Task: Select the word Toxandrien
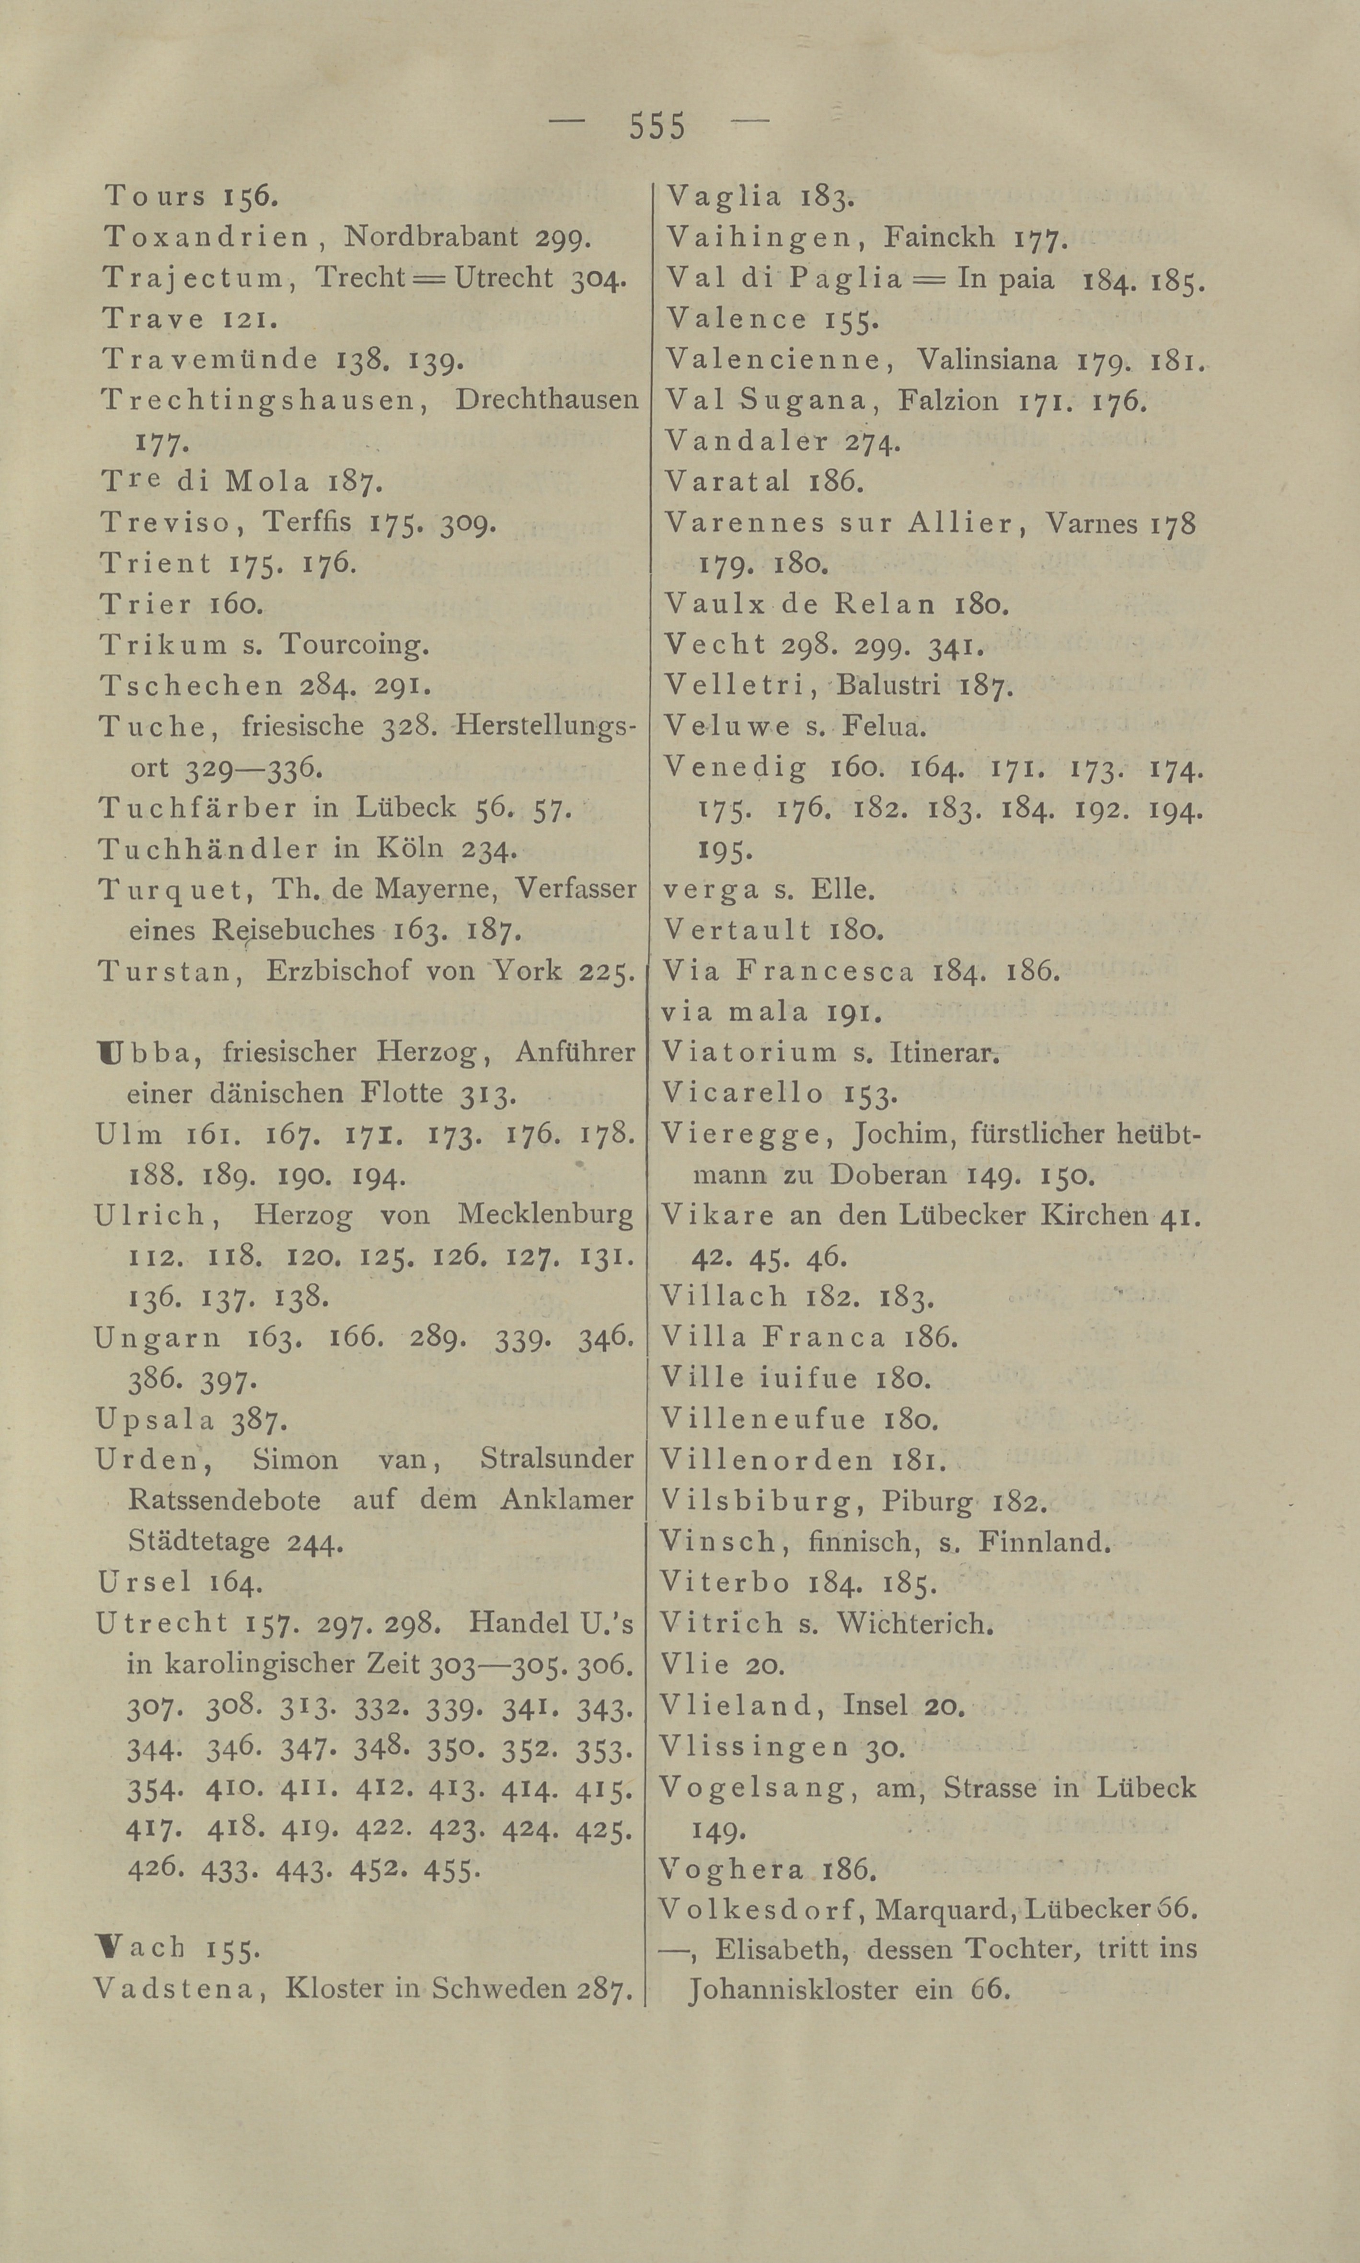point(207,237)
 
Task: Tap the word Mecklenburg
point(545,1215)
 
